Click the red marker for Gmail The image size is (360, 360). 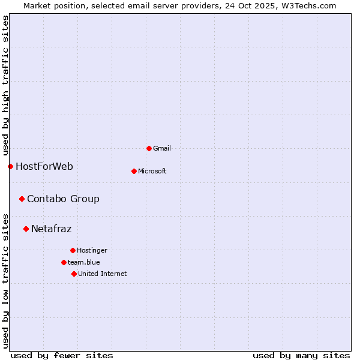click(x=149, y=148)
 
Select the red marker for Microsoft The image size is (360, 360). click(x=134, y=171)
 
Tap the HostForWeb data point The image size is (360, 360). click(x=10, y=166)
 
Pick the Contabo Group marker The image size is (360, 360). click(x=22, y=199)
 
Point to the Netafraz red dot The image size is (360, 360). click(x=26, y=229)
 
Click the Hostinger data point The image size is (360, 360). click(x=73, y=250)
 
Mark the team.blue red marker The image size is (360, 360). click(x=64, y=262)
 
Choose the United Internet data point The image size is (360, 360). click(x=74, y=274)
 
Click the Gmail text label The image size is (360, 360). click(x=162, y=148)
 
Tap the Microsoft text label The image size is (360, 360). click(x=152, y=171)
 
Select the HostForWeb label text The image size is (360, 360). click(x=44, y=166)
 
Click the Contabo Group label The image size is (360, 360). click(x=63, y=199)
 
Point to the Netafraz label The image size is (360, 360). click(x=51, y=229)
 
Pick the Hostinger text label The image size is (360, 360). click(x=92, y=250)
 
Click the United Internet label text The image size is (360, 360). click(x=103, y=274)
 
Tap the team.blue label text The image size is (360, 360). click(x=84, y=262)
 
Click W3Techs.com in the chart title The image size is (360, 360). click(x=308, y=5)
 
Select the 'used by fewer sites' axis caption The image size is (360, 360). click(x=62, y=355)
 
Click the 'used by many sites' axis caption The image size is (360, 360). click(x=301, y=355)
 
